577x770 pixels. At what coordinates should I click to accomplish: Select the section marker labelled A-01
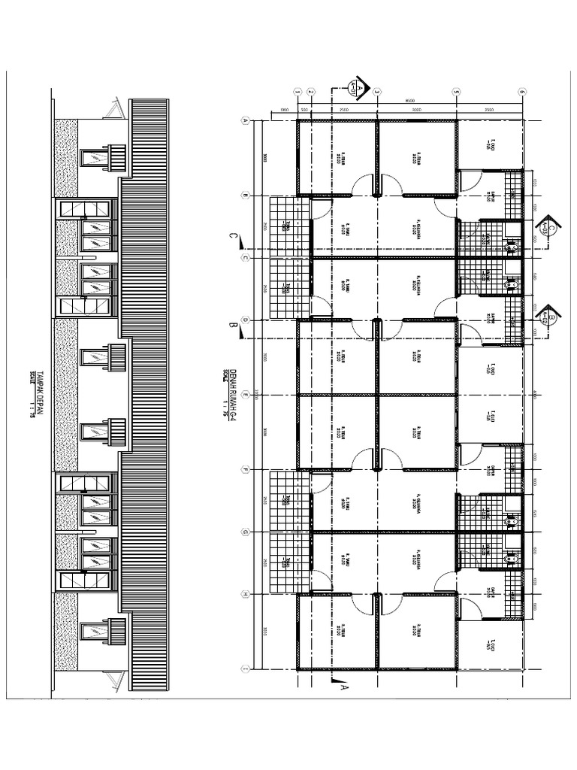[358, 88]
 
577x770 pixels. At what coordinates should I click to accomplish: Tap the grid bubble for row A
[244, 120]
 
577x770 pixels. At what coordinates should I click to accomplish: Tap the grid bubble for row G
[244, 532]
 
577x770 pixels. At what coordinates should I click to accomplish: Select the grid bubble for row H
[244, 594]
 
